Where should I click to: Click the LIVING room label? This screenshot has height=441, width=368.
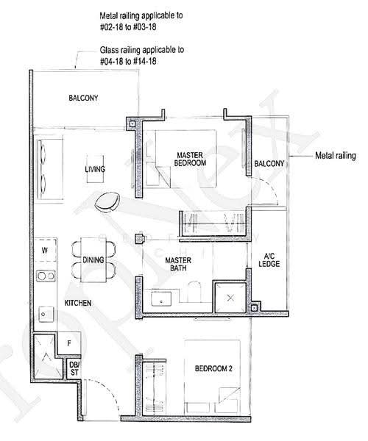(95, 169)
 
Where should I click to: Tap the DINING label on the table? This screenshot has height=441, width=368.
(93, 259)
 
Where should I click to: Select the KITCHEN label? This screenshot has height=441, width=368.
(78, 303)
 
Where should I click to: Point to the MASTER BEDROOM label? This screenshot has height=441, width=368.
(190, 159)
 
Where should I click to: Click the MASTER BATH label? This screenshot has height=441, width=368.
(178, 264)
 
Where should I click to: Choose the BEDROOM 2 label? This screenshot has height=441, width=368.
(213, 368)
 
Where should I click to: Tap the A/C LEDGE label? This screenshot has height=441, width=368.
(269, 260)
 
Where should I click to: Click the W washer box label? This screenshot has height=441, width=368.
(44, 251)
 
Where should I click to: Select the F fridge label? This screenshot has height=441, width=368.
(69, 343)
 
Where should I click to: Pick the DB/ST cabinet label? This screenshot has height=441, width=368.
(74, 369)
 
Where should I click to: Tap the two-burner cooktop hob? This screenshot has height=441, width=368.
(46, 276)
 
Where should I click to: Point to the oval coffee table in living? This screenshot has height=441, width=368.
(107, 202)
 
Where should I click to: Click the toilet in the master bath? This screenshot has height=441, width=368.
(194, 292)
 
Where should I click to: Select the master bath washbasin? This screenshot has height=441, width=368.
(161, 299)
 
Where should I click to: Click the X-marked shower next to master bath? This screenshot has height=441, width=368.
(230, 298)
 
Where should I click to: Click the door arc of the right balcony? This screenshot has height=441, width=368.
(270, 186)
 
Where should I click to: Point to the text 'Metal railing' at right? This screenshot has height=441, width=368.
(336, 156)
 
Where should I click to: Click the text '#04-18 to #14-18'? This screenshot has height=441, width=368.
(128, 61)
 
